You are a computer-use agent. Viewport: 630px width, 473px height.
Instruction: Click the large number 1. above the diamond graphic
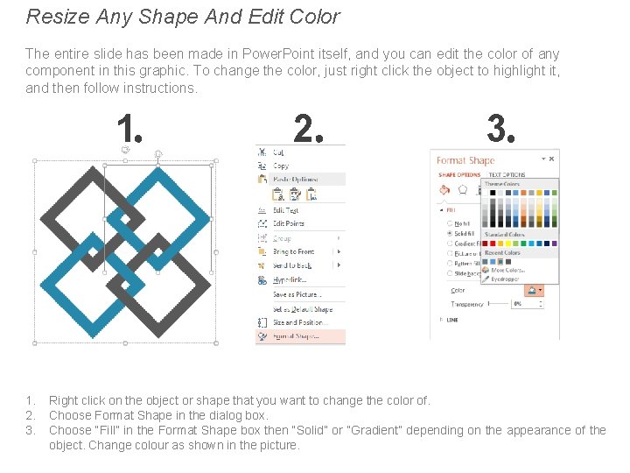[x=129, y=130]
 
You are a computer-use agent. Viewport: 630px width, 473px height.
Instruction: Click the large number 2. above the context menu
[x=308, y=130]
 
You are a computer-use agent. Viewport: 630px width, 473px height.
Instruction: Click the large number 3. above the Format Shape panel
[x=500, y=130]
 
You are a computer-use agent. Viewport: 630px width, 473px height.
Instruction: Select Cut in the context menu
[x=279, y=152]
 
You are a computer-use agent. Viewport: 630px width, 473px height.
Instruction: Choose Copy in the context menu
[x=281, y=166]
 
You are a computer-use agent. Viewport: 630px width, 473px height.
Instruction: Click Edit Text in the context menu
[x=286, y=210]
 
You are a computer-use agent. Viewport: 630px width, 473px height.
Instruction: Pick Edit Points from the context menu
[x=289, y=223]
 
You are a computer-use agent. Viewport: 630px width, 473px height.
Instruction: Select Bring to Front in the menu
[x=293, y=251]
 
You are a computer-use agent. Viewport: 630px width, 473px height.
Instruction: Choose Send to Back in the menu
[x=292, y=265]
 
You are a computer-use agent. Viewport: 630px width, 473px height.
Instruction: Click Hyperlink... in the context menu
[x=290, y=279]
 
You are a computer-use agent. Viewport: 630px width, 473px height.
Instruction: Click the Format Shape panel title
[x=465, y=160]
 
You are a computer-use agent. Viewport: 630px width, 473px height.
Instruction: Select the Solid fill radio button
[x=449, y=233]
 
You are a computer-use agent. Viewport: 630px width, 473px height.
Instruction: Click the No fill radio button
[x=449, y=223]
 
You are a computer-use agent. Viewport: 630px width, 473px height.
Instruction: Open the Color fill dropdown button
[x=533, y=290]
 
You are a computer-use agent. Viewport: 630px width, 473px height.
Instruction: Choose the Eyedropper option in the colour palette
[x=505, y=279]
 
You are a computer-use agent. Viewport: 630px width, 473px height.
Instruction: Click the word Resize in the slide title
[x=52, y=16]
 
